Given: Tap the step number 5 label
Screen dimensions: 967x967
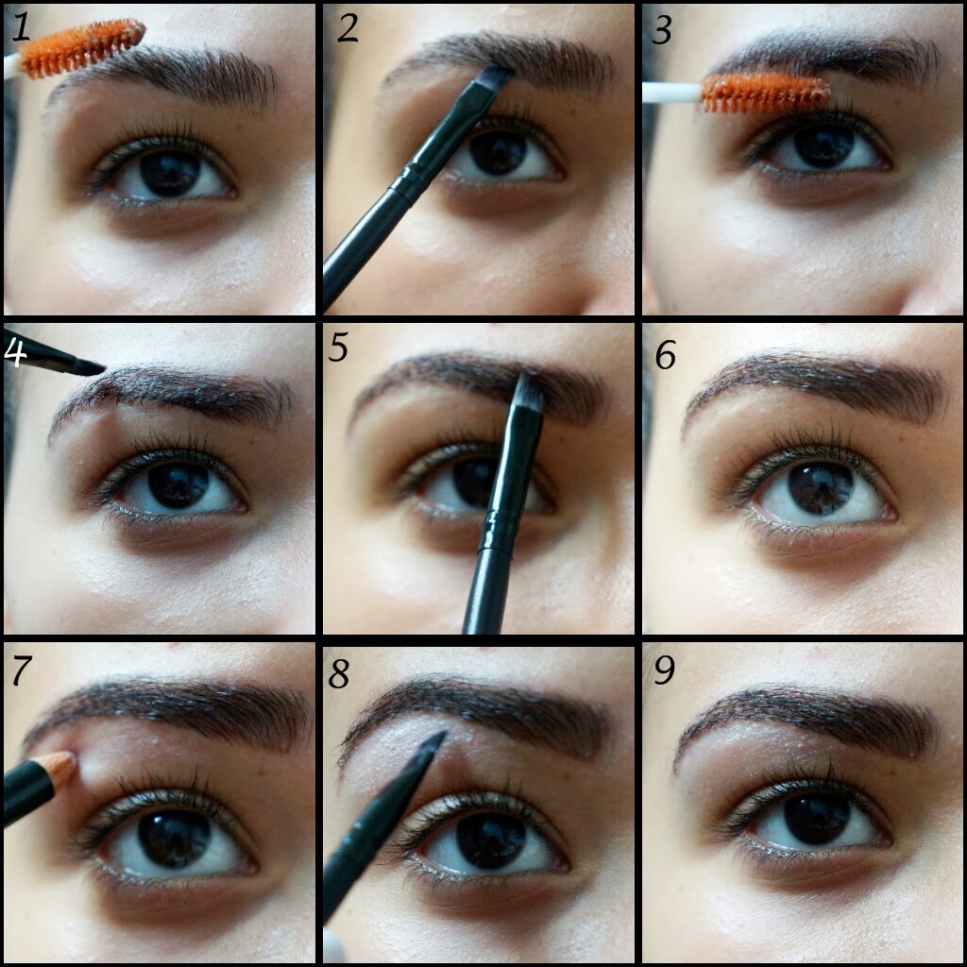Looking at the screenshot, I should [x=339, y=348].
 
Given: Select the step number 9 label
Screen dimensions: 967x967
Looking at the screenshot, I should [x=664, y=670].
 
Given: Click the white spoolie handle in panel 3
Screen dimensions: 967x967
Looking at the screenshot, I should [x=670, y=93].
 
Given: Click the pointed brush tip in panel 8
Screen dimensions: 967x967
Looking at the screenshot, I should [x=433, y=744].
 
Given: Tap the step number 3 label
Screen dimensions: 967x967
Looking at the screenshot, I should [x=662, y=30].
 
